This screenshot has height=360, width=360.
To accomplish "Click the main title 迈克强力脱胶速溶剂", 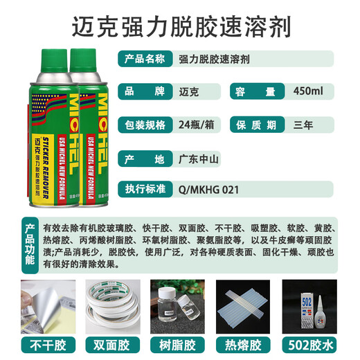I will click(x=180, y=27).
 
